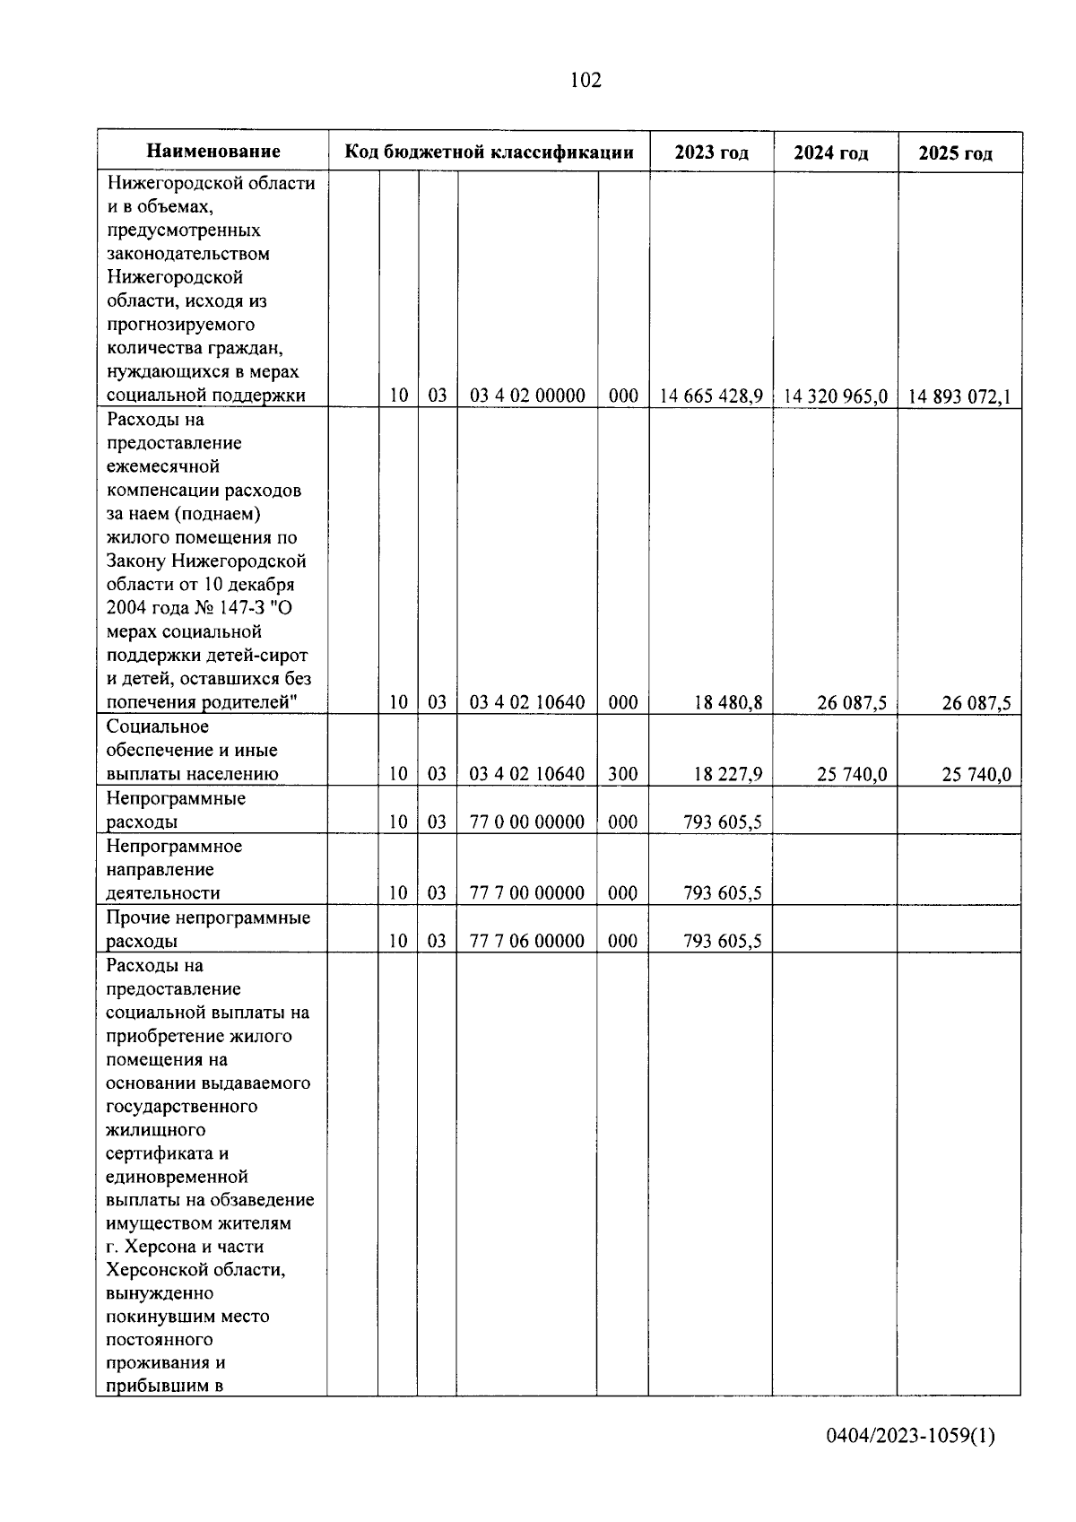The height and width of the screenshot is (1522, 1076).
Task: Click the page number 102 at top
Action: (585, 81)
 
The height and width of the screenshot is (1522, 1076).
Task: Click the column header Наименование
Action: (213, 152)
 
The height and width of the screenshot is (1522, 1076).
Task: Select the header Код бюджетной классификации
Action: (490, 152)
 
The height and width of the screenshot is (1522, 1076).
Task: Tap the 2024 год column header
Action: (831, 153)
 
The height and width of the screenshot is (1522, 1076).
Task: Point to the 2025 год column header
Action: (956, 153)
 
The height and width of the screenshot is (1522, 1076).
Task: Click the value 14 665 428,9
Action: (711, 396)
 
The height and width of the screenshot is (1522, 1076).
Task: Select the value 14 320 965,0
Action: (836, 396)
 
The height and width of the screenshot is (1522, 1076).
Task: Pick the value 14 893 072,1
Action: (959, 396)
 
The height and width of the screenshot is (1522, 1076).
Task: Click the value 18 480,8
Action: (728, 702)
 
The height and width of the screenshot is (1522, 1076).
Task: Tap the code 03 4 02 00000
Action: (527, 396)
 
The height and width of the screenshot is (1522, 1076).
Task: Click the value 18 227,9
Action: (728, 774)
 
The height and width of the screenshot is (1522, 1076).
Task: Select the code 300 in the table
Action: (623, 774)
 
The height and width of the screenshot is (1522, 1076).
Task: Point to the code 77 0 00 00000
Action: (527, 822)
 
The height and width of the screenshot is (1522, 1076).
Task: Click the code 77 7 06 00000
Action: (527, 941)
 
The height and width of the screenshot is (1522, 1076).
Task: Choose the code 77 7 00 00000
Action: (527, 893)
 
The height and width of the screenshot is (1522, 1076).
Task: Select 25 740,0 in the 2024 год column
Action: (852, 774)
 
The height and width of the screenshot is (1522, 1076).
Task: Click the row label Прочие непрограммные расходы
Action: (208, 929)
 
